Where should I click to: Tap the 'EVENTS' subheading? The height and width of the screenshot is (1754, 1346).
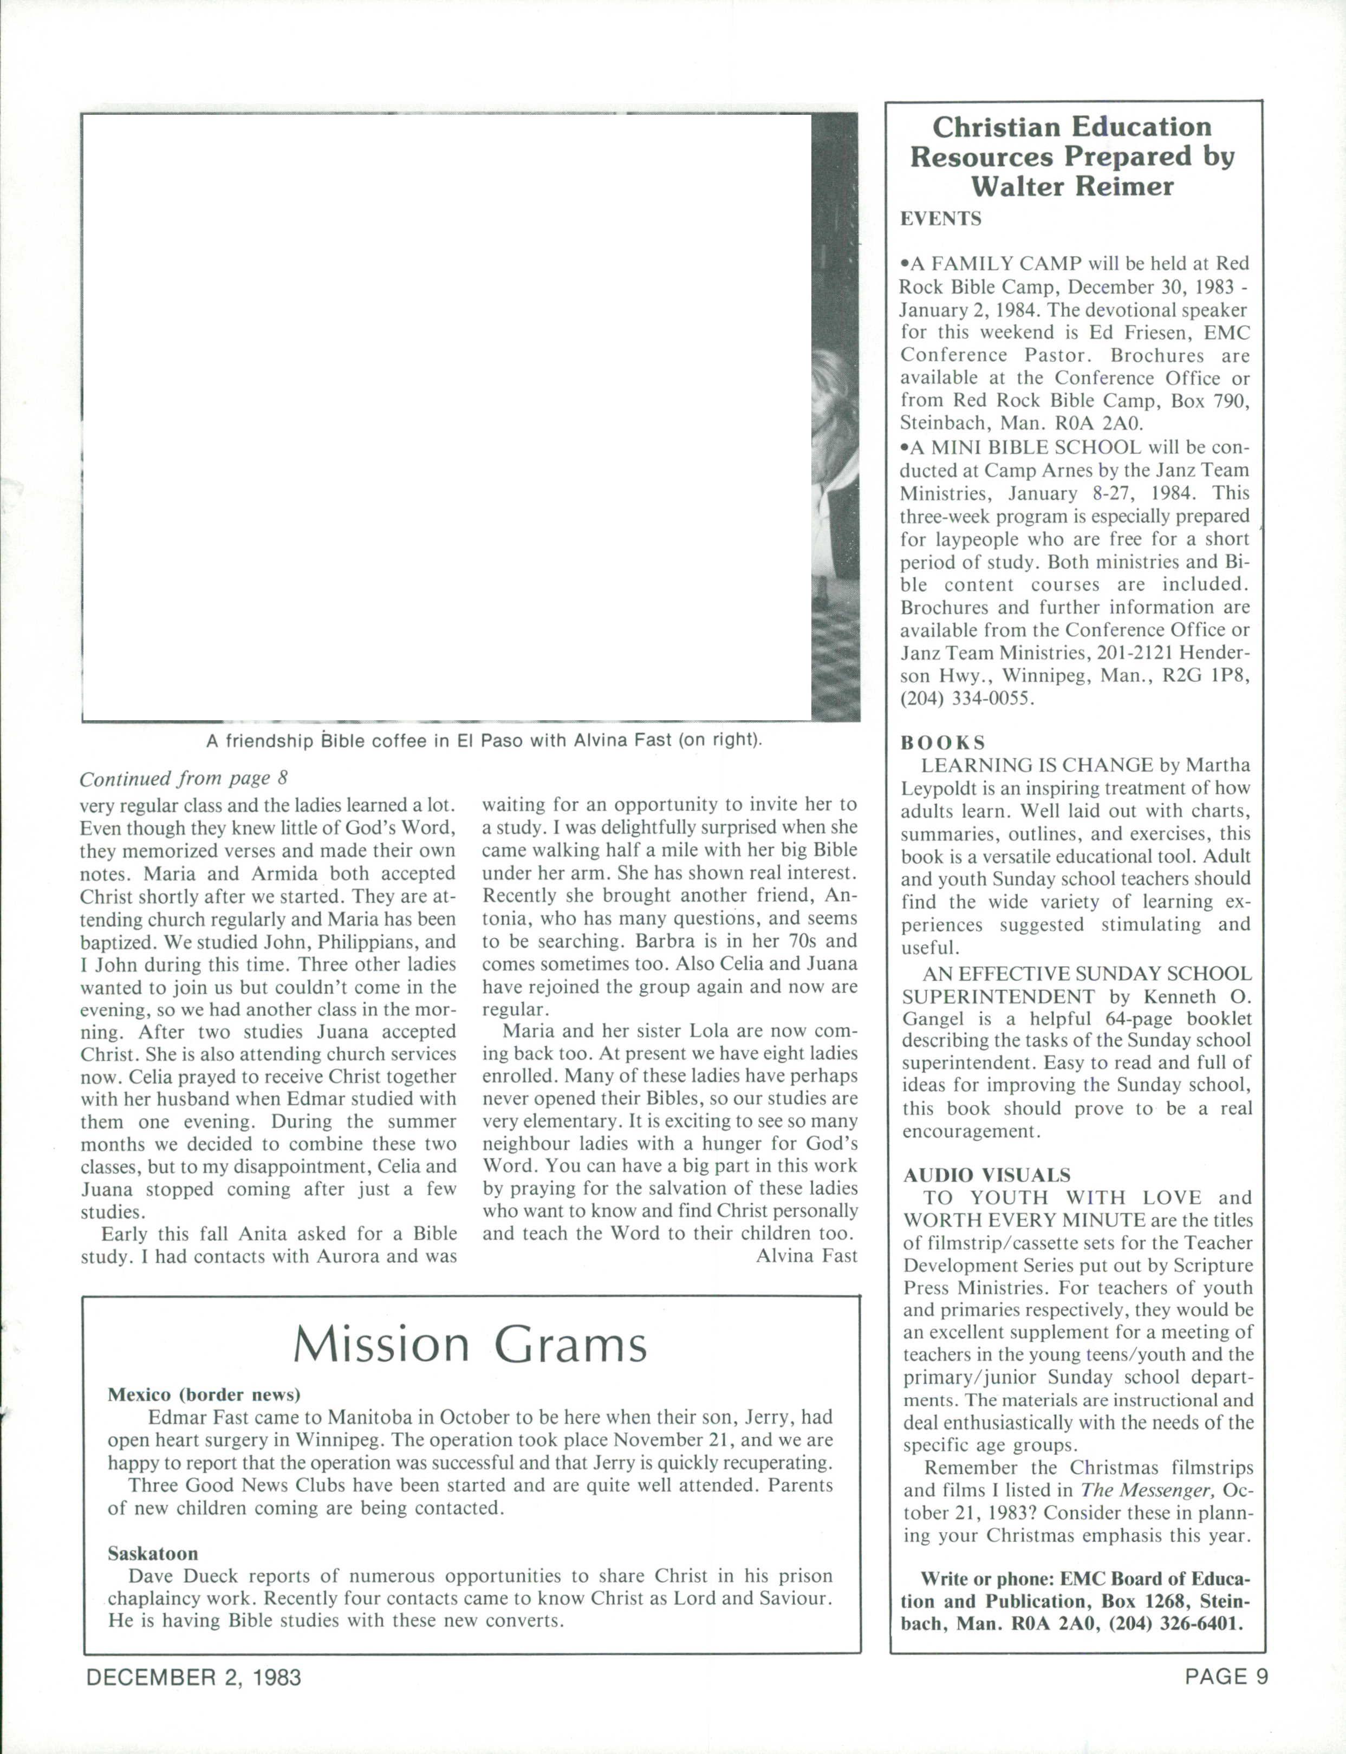941,219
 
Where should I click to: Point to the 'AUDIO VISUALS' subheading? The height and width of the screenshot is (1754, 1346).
986,1175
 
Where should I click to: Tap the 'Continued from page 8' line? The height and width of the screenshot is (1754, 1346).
184,779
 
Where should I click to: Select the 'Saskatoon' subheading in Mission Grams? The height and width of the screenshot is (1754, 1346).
152,1553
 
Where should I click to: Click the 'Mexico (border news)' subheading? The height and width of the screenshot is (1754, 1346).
204,1394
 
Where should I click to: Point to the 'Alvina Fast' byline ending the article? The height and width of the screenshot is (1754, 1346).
806,1256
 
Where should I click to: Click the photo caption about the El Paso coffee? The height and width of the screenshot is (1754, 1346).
483,740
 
